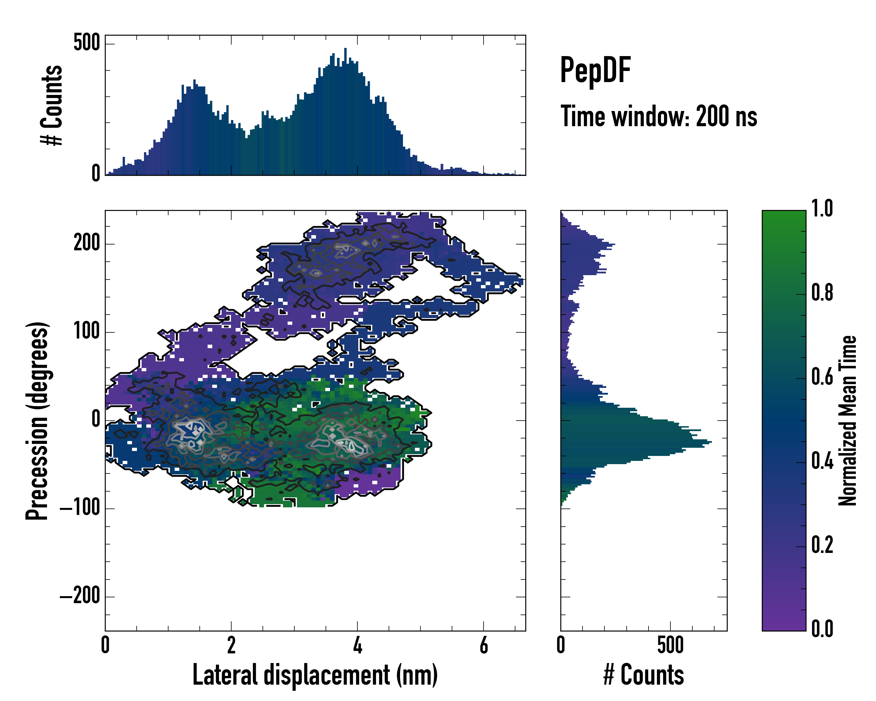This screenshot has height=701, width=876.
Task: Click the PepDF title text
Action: click(x=595, y=71)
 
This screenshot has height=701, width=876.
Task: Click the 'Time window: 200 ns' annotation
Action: click(x=659, y=116)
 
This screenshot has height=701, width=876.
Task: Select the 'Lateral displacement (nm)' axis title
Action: click(x=315, y=675)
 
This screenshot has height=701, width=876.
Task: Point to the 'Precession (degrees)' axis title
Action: click(x=37, y=421)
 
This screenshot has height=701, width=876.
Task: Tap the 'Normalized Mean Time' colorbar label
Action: click(x=848, y=420)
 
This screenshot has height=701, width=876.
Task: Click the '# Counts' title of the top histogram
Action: click(x=52, y=105)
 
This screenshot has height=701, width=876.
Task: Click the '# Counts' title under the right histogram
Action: click(x=644, y=675)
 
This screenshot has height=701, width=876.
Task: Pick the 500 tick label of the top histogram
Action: click(x=86, y=42)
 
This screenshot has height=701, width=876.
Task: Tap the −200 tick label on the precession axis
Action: click(x=80, y=596)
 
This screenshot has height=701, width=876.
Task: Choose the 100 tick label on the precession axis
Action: click(x=86, y=332)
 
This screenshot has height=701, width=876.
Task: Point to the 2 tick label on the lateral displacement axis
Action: click(x=231, y=645)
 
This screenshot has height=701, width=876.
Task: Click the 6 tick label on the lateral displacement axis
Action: click(x=484, y=645)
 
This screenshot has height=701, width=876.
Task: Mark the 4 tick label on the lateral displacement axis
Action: click(x=357, y=645)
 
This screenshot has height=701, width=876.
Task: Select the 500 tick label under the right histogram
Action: click(x=670, y=645)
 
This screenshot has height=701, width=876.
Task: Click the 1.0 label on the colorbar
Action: click(x=822, y=209)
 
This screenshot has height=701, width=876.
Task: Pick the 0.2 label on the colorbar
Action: click(x=822, y=545)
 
